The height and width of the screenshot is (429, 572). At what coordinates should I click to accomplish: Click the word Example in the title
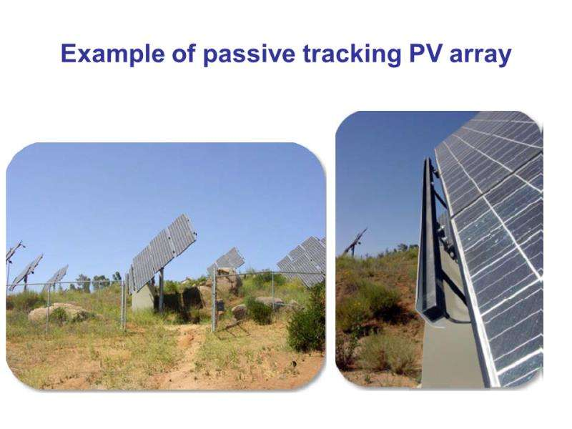click(x=112, y=54)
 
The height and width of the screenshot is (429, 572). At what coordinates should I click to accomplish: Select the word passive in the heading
click(x=249, y=54)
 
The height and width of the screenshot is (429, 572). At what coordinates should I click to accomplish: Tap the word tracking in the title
click(x=352, y=54)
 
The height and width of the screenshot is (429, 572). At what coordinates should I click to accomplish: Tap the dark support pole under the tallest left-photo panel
click(x=161, y=290)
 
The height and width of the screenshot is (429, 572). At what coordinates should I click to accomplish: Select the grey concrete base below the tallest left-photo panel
click(x=143, y=297)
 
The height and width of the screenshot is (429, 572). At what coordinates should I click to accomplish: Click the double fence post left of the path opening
click(x=123, y=304)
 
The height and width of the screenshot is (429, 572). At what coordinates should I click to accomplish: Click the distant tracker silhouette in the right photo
click(x=355, y=242)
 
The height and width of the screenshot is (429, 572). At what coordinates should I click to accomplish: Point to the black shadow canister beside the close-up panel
click(x=428, y=242)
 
